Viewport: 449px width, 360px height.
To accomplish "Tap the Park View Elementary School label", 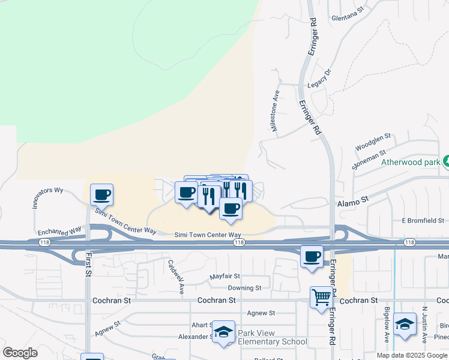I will point(272,337).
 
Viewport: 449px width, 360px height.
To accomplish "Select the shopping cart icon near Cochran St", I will point(321,297).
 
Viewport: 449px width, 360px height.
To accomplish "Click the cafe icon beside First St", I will point(101,195).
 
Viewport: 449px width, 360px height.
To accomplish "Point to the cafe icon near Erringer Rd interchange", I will point(312,257).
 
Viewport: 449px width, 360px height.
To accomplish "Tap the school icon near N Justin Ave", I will point(405,324).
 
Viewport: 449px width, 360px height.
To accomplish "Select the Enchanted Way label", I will point(59,231).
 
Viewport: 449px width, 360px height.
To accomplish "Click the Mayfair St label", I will point(225,277).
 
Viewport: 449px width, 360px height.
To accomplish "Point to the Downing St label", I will point(244,288).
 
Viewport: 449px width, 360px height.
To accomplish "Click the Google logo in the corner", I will point(20,353).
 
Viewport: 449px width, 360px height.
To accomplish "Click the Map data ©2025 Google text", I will point(412,355).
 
